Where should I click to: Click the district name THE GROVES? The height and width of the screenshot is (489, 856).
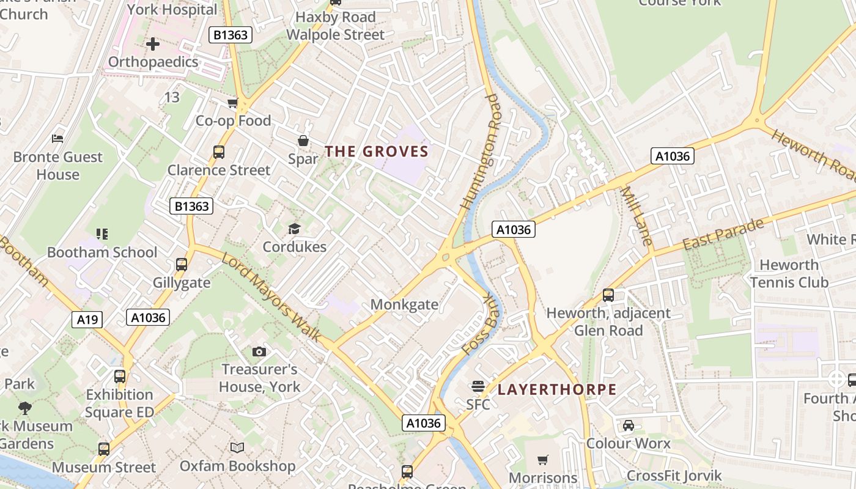(x=376, y=151)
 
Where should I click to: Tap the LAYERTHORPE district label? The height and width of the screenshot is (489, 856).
(x=556, y=389)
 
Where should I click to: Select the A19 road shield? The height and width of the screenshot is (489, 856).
(x=87, y=319)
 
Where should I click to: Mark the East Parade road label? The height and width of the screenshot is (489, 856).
(x=723, y=234)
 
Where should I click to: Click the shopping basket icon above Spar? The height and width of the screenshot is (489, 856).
(x=303, y=141)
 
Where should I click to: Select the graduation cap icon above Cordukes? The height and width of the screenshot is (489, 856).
(x=294, y=229)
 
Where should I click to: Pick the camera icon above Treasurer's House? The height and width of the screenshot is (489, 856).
(x=259, y=351)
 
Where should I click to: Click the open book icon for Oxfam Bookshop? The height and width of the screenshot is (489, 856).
(x=237, y=448)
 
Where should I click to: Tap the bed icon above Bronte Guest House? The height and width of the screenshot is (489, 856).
(x=57, y=139)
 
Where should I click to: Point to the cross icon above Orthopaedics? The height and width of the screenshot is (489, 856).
(x=153, y=44)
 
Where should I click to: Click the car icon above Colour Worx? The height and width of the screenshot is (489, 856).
(x=628, y=425)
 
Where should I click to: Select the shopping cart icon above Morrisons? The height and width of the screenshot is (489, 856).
(x=542, y=460)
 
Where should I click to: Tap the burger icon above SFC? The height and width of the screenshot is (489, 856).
(x=478, y=386)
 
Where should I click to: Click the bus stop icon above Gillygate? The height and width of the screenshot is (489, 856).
(x=182, y=265)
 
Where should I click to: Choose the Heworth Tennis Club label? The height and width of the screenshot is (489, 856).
(x=789, y=273)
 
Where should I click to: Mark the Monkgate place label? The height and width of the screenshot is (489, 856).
(x=404, y=304)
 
